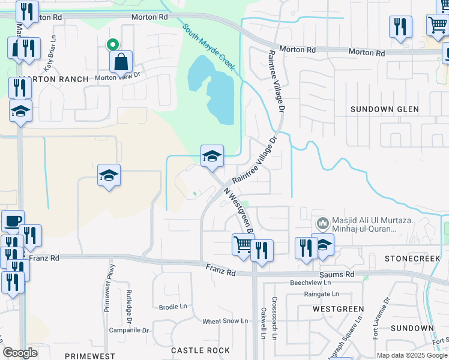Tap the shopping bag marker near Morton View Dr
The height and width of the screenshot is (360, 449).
pos(121,61)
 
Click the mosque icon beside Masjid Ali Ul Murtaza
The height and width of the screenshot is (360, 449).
pos(323,224)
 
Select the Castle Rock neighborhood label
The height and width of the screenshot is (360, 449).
pos(200,350)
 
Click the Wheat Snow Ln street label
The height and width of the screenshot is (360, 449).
pos(225,321)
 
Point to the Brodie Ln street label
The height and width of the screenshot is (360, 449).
pos(173,306)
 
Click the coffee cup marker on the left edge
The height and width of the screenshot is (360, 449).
pos(12,221)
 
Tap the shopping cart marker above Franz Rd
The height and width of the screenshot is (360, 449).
pos(243,244)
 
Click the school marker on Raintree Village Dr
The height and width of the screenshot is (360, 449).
pos(212,156)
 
